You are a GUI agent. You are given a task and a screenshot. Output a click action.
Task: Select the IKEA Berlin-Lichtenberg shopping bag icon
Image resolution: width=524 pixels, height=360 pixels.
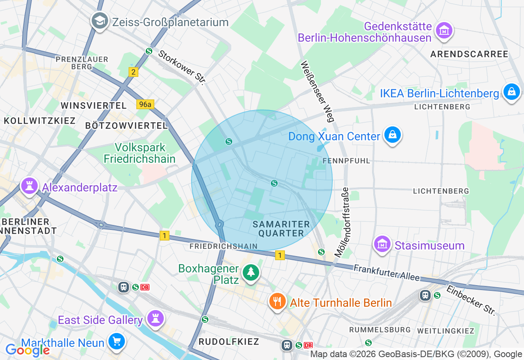click(x=511, y=92)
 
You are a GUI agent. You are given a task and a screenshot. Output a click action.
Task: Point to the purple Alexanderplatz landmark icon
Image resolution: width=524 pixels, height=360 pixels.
click(x=29, y=186)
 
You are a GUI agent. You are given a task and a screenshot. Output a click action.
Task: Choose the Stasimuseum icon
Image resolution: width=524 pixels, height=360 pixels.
click(x=382, y=245)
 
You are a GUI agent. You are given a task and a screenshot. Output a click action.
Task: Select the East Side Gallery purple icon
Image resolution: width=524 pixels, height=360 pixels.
click(x=156, y=319)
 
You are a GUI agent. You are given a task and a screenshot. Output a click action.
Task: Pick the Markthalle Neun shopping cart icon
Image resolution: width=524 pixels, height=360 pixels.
click(x=117, y=342)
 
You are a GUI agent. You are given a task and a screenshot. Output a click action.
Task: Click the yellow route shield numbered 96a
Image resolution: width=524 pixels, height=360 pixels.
click(x=145, y=104)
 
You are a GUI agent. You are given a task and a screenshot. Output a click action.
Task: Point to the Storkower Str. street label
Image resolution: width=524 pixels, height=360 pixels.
click(x=181, y=67)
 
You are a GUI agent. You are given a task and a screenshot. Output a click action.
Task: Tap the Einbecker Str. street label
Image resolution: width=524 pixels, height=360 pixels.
click(x=471, y=300)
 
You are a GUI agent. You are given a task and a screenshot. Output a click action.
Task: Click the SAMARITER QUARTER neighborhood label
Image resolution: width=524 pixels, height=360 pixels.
click(x=281, y=229)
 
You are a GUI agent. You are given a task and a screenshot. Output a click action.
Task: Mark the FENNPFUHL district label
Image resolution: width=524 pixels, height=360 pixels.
click(x=346, y=161)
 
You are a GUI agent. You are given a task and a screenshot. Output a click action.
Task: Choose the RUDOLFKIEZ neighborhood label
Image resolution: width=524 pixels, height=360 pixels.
click(x=229, y=342)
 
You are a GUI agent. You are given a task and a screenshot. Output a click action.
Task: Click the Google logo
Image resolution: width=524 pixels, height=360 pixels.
click(x=27, y=350)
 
